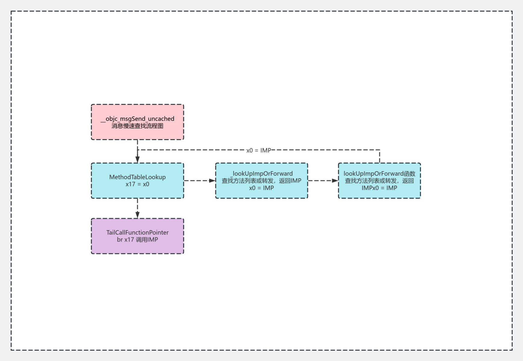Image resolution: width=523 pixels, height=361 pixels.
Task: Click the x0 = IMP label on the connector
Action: tap(259, 150)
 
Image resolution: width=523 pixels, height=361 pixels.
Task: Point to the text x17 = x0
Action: tap(137, 184)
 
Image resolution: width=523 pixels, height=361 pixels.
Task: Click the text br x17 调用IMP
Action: tap(137, 240)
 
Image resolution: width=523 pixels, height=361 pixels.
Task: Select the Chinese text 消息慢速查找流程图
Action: tap(137, 126)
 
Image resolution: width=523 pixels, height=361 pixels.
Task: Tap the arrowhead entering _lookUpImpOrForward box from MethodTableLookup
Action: tap(212, 180)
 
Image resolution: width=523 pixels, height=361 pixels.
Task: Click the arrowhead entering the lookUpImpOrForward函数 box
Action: tap(335, 180)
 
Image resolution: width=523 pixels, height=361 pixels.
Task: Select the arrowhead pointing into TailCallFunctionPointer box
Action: tap(137, 214)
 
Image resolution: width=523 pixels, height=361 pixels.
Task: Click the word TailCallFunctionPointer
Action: tap(137, 233)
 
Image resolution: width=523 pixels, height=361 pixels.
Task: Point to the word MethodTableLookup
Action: tap(137, 177)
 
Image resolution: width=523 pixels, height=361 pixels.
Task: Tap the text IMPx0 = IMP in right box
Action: tap(379, 188)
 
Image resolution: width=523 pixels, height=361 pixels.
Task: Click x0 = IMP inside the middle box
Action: tap(261, 188)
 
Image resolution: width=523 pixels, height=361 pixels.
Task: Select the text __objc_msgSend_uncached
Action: tap(137, 119)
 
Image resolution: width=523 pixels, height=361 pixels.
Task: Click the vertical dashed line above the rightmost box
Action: tap(380, 156)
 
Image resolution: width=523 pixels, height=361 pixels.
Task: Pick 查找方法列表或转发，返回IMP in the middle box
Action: tap(261, 181)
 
